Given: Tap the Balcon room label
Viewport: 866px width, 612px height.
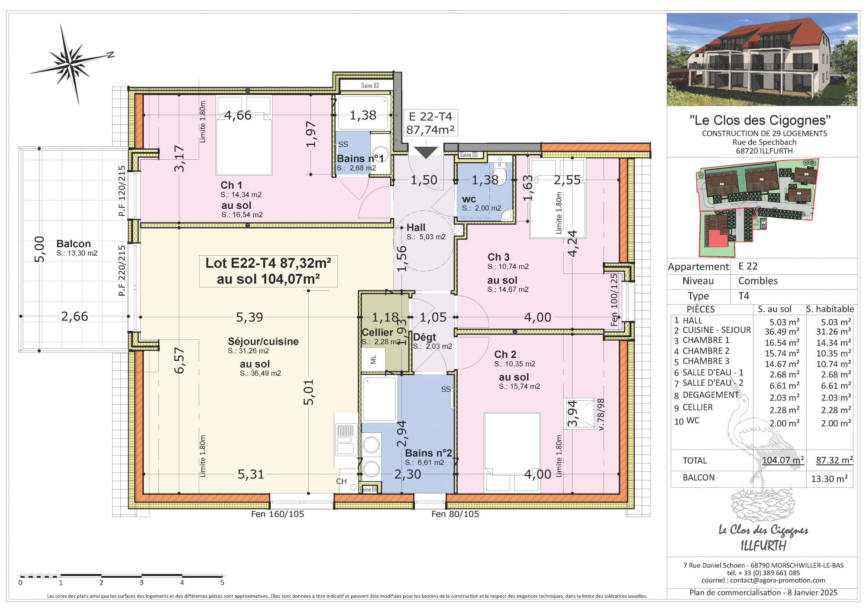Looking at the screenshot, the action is pyautogui.click(x=74, y=244).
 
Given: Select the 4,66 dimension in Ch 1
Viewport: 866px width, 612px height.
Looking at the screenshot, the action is pyautogui.click(x=238, y=116).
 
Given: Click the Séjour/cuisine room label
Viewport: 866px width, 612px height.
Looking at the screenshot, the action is pyautogui.click(x=263, y=341).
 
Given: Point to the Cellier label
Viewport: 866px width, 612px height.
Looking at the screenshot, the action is pyautogui.click(x=377, y=332).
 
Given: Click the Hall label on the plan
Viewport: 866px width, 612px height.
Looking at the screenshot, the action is pyautogui.click(x=416, y=228).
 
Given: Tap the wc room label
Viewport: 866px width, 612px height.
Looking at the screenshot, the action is pyautogui.click(x=469, y=200).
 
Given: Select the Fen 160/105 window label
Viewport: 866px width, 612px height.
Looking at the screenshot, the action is pyautogui.click(x=278, y=514).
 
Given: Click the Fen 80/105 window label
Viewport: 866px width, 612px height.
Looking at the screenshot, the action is pyautogui.click(x=455, y=514).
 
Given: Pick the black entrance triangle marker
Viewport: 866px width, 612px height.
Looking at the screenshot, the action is pyautogui.click(x=426, y=152).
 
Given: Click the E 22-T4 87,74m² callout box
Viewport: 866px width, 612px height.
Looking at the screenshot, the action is pyautogui.click(x=430, y=123).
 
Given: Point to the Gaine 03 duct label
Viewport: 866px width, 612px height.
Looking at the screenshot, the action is pyautogui.click(x=370, y=86).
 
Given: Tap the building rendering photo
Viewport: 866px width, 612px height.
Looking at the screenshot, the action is pyautogui.click(x=762, y=59).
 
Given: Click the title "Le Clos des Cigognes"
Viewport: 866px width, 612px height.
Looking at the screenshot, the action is pyautogui.click(x=760, y=120).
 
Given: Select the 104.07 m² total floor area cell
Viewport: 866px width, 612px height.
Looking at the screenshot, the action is pyautogui.click(x=783, y=460).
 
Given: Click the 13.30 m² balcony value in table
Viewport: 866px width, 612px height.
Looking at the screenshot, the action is pyautogui.click(x=829, y=479).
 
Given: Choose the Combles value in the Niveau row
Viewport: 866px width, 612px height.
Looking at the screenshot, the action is pyautogui.click(x=758, y=281).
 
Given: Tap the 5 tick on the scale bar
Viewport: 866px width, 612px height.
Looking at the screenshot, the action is pyautogui.click(x=223, y=583).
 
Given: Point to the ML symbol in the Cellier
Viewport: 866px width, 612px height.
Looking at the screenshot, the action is pyautogui.click(x=373, y=359).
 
